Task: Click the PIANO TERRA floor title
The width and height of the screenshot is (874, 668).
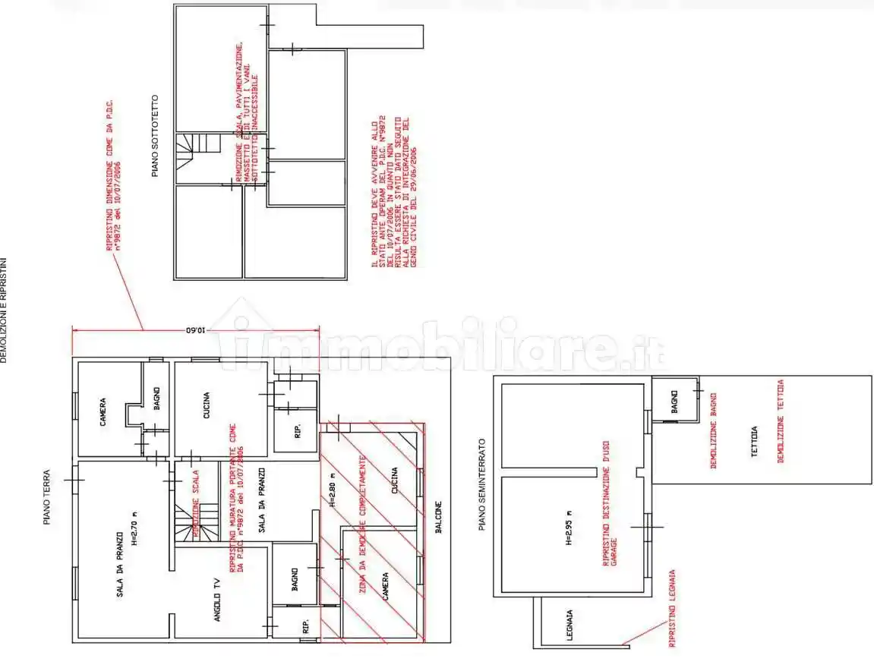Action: coord(47,496)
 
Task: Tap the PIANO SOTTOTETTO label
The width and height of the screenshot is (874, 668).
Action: coord(156,136)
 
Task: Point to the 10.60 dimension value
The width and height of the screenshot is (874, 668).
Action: coord(195,331)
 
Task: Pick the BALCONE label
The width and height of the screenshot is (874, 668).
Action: coord(439,520)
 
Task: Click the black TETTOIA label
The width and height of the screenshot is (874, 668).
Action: coord(755,440)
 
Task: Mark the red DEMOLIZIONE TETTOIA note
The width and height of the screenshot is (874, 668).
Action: coord(780,421)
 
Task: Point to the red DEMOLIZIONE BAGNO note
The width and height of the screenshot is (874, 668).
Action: coord(714,430)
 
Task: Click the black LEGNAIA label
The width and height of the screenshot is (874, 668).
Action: coord(569,625)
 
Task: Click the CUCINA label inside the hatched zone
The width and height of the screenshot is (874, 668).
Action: coord(394,480)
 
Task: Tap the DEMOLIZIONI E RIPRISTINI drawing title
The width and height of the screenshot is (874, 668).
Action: coord(4,310)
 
